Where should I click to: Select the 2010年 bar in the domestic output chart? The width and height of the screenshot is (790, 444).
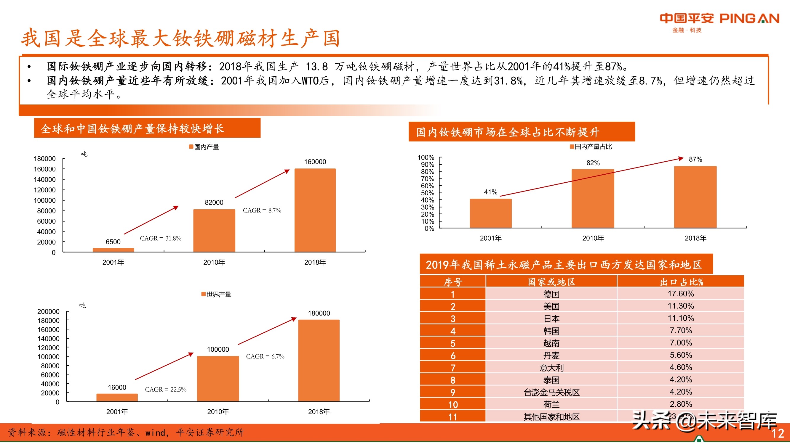click(x=214, y=230)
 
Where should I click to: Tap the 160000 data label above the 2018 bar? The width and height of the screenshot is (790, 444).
click(x=315, y=162)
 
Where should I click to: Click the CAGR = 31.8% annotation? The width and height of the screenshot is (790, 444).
click(x=160, y=238)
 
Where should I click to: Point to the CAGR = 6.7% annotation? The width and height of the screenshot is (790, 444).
click(x=265, y=356)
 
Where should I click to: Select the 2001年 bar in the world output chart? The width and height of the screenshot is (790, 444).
click(x=117, y=398)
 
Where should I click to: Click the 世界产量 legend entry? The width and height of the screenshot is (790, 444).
click(x=216, y=295)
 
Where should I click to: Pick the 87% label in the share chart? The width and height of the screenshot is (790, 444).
click(x=695, y=159)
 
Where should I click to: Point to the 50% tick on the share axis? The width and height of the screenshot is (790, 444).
click(x=427, y=193)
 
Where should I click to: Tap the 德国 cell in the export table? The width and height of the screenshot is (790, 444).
click(x=551, y=294)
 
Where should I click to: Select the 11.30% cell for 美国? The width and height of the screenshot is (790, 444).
click(x=681, y=306)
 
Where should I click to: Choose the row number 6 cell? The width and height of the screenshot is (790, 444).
click(x=453, y=356)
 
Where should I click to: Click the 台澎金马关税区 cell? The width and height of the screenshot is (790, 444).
click(x=551, y=392)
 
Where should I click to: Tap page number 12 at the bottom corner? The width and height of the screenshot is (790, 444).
click(x=778, y=434)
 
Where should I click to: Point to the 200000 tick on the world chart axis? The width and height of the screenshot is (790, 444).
click(x=49, y=312)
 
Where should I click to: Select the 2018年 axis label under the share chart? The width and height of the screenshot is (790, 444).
click(x=695, y=238)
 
